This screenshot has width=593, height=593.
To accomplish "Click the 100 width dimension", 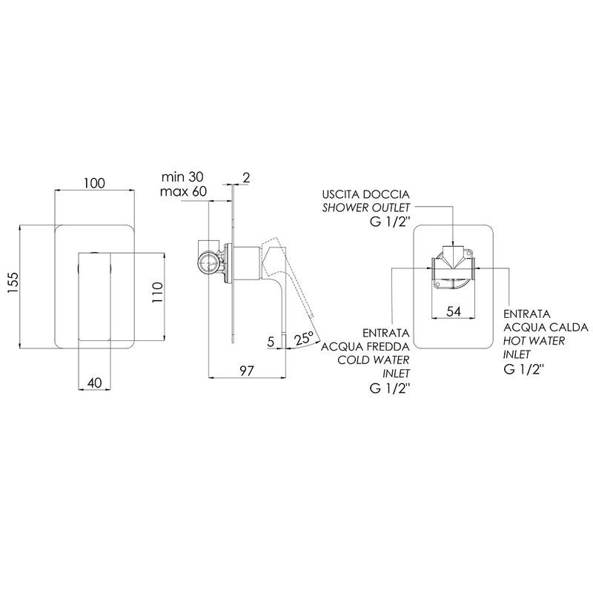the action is (x=94, y=183).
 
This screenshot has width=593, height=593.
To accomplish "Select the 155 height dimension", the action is (x=13, y=282).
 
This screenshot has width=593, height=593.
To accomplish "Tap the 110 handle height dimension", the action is (x=157, y=292).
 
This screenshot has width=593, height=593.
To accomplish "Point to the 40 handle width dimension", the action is (x=95, y=383).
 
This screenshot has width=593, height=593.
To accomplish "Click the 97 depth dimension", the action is (x=247, y=371).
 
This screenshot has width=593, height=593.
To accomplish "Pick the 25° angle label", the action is (x=305, y=338).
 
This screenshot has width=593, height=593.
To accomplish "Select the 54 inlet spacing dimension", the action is (x=454, y=311).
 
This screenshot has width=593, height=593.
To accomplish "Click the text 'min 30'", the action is (x=182, y=176).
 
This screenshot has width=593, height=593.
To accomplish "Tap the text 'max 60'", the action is (x=183, y=191).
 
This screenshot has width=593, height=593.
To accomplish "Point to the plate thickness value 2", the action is (x=246, y=177).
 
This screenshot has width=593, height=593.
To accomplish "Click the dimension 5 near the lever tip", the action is (x=271, y=342).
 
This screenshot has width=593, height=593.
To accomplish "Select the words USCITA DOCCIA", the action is (x=365, y=194).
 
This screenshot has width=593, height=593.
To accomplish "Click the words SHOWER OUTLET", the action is (x=365, y=208).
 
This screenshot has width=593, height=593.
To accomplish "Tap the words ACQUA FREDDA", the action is (x=365, y=346).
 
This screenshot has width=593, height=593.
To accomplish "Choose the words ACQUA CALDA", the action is (x=546, y=327).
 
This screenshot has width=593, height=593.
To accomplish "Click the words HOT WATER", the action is (x=534, y=341).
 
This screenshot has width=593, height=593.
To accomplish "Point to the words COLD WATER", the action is (x=374, y=360).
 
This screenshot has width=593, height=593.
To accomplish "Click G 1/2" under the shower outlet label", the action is (x=390, y=222).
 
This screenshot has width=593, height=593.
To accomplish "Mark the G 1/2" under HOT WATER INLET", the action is (x=523, y=368).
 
